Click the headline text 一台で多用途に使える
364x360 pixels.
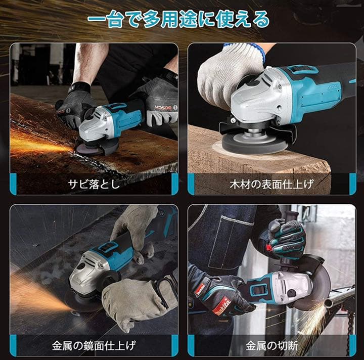[x=178, y=20]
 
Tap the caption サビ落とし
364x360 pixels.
[x=94, y=184]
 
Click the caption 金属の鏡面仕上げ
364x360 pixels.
[x=94, y=346]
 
